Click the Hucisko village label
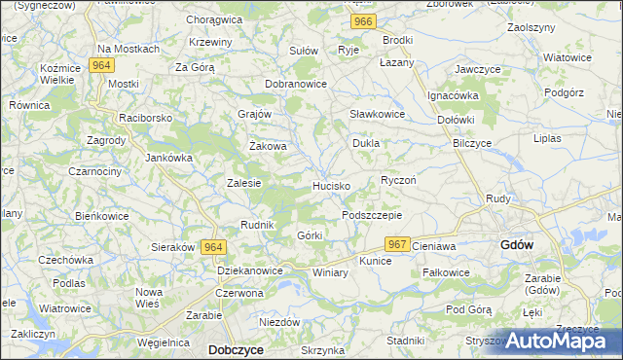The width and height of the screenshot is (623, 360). (332, 185)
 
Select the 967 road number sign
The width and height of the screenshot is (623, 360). (396, 244)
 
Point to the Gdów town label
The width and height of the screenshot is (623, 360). (516, 244)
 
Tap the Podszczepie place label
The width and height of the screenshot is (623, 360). (372, 215)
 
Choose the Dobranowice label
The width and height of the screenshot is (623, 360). (296, 84)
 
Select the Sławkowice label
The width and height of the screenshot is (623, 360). (378, 114)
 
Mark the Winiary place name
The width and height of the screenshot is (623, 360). (330, 272)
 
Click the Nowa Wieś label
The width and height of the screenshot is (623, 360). (149, 298)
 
